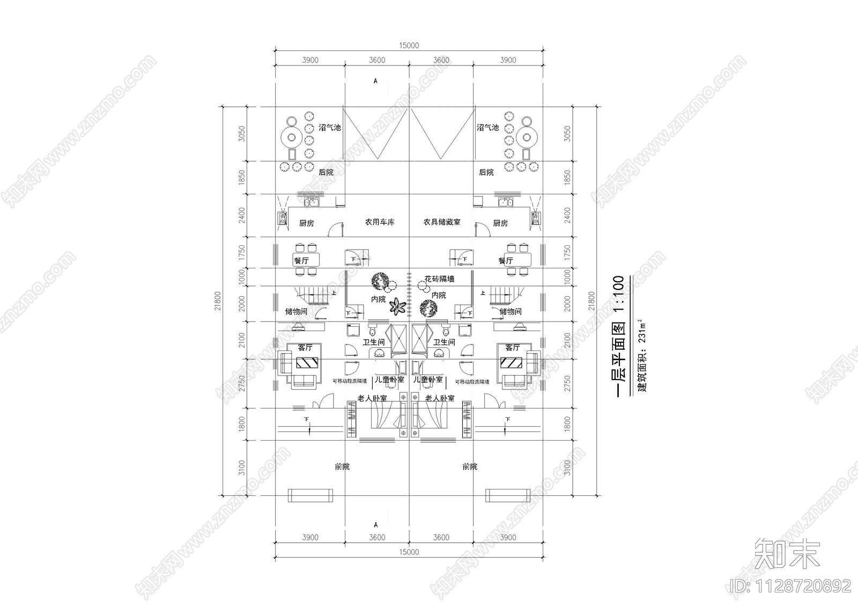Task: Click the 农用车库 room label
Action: [380, 222]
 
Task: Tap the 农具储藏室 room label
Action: [441, 222]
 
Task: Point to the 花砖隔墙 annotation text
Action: [440, 279]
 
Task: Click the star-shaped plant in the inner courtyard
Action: [398, 307]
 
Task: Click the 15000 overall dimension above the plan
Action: [409, 46]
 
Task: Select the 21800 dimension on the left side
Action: [217, 301]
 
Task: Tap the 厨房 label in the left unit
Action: [306, 223]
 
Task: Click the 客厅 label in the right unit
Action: [512, 348]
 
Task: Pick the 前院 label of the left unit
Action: [342, 467]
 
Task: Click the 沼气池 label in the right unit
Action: [487, 127]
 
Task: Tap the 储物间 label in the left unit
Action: [296, 311]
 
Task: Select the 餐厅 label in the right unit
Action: [505, 261]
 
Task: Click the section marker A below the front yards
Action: [375, 524]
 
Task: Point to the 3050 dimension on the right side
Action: [567, 134]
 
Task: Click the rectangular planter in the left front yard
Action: [309, 495]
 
